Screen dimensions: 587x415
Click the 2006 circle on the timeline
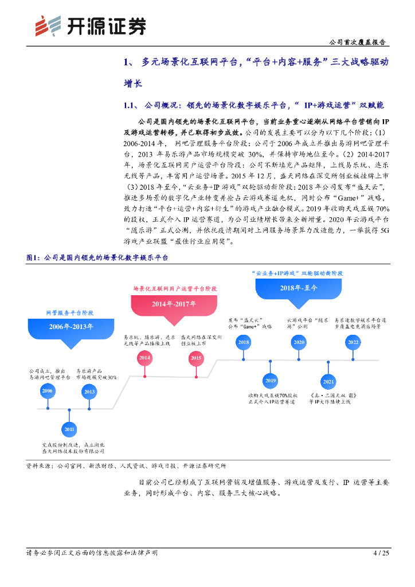coord(48,392)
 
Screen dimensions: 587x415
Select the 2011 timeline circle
coord(69,428)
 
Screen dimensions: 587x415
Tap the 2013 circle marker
coord(89,392)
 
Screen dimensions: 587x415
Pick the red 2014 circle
coord(144,358)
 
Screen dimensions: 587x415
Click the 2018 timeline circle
coord(244,342)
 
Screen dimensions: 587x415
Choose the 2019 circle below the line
coord(271,380)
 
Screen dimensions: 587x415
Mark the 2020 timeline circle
coord(299,342)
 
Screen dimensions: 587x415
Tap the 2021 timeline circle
coord(328,381)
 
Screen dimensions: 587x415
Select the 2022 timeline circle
coord(353,342)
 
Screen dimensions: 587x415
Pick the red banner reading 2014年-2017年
coord(174,303)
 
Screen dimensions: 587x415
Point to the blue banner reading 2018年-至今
coord(298,288)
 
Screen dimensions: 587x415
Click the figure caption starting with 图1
coord(97,259)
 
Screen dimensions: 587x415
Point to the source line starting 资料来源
coord(126,466)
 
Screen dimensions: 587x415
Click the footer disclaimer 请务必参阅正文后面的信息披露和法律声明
coord(92,553)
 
